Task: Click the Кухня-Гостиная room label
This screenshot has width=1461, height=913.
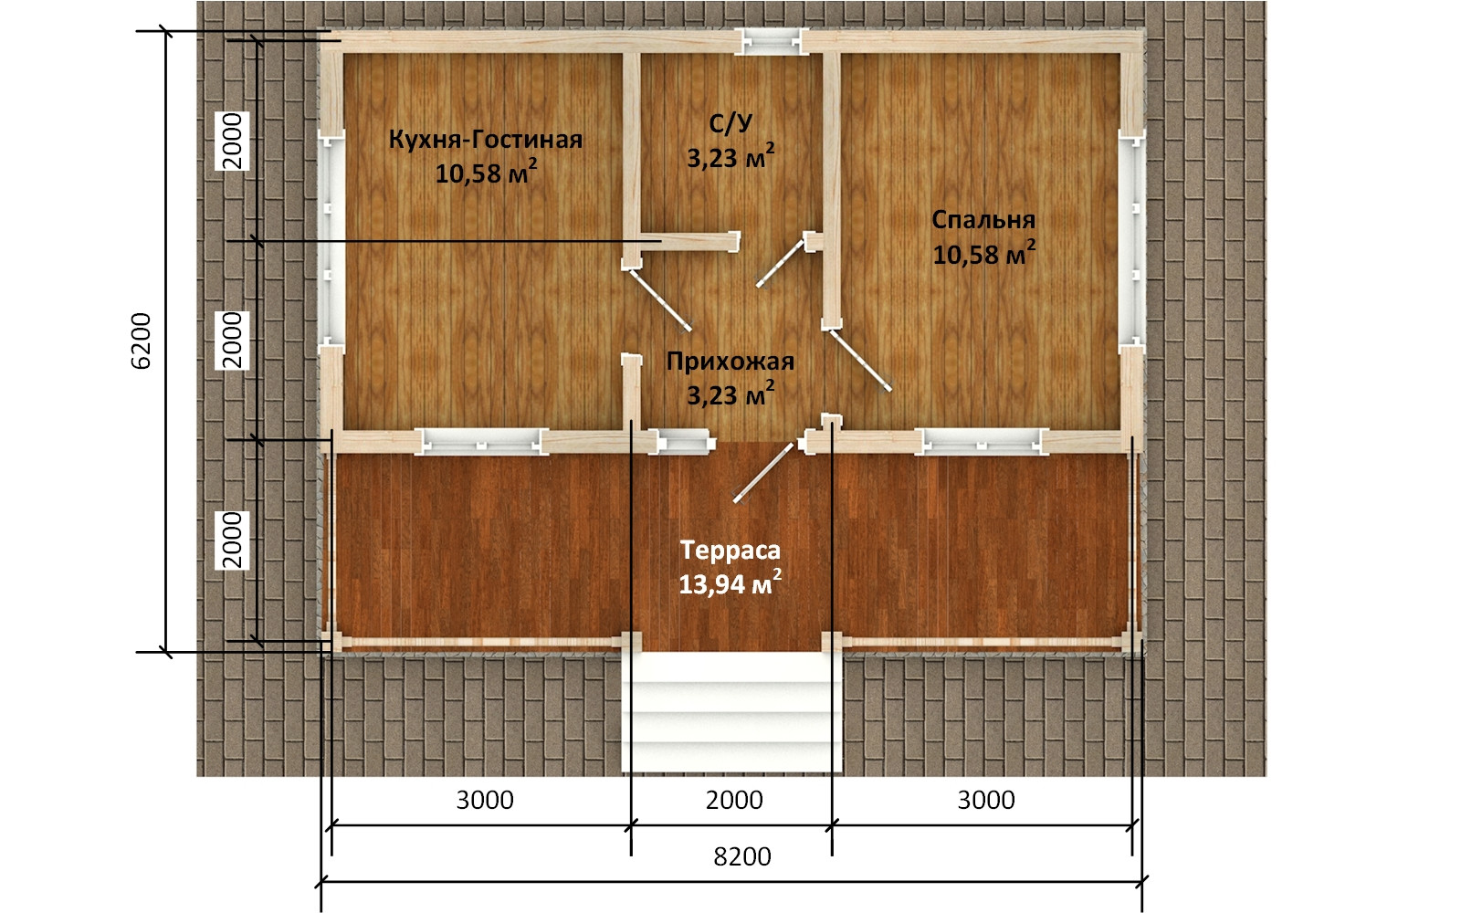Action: pos(485,140)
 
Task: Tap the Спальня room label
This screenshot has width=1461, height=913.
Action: pos(983,220)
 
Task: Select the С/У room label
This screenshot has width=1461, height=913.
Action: pos(730,123)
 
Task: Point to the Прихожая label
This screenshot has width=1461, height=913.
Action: pos(730,361)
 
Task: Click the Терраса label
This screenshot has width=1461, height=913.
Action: pos(730,550)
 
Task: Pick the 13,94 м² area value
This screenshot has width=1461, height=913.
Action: pos(730,583)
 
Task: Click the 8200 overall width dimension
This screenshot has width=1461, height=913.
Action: pos(742,856)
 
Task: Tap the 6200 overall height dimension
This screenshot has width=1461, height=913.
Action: pos(141,341)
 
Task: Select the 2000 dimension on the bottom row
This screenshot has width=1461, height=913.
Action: pos(734,800)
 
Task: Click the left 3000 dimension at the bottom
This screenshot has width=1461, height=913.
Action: pos(485,800)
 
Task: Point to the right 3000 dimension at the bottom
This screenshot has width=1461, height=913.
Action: pos(986,800)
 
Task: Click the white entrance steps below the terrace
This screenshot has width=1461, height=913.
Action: pos(731,712)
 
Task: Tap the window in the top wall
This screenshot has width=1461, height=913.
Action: pos(772,42)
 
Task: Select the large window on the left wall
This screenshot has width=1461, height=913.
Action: pos(331,241)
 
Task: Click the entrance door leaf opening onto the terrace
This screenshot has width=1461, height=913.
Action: pos(763,474)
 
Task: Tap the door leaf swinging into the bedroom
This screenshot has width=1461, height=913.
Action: pos(860,361)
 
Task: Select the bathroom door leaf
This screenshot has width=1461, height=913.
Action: pos(780,264)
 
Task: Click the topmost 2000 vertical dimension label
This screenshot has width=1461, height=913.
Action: pos(232,141)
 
